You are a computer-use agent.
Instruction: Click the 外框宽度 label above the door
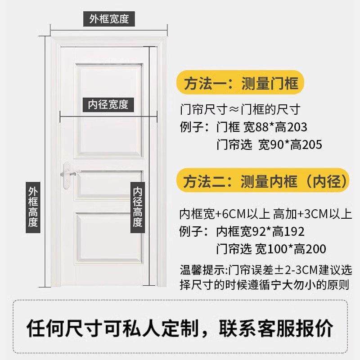point(109,19)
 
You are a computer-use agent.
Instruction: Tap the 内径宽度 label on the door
point(108,104)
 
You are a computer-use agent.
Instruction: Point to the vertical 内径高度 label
point(138,207)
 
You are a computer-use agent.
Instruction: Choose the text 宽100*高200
point(291,249)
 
